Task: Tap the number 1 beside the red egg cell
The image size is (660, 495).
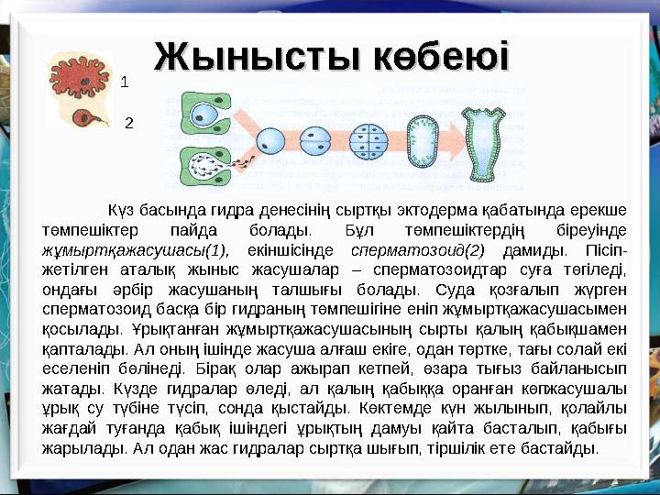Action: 125,82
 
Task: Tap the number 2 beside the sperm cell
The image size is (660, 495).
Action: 128,121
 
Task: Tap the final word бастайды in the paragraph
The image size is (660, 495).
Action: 568,448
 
